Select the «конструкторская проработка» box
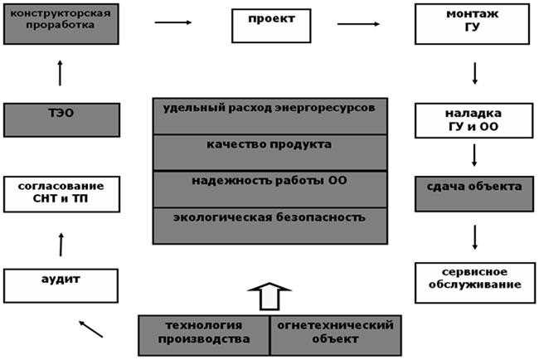click(x=60, y=23)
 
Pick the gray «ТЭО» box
click(x=60, y=119)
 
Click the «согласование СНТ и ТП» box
click(x=60, y=193)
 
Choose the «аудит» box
click(x=60, y=284)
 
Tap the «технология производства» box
click(x=204, y=333)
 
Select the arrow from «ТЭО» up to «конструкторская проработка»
click(x=60, y=74)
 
